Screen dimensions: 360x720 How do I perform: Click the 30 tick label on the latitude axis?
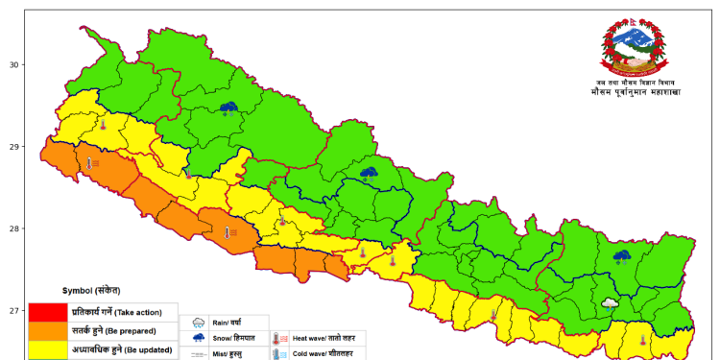point(14,65)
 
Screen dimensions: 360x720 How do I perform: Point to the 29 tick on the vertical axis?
point(14,147)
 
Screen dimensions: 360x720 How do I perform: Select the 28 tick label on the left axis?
point(14,228)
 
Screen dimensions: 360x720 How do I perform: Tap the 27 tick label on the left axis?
point(14,310)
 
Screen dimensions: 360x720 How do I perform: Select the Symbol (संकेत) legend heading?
point(91,290)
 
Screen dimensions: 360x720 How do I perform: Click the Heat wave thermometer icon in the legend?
point(280,338)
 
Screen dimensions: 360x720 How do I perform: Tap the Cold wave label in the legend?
point(327,353)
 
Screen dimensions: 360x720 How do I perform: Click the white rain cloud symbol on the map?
point(610,303)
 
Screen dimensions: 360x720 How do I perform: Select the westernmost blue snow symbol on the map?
point(228,108)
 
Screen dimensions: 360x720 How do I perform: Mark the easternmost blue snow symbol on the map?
point(621,256)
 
